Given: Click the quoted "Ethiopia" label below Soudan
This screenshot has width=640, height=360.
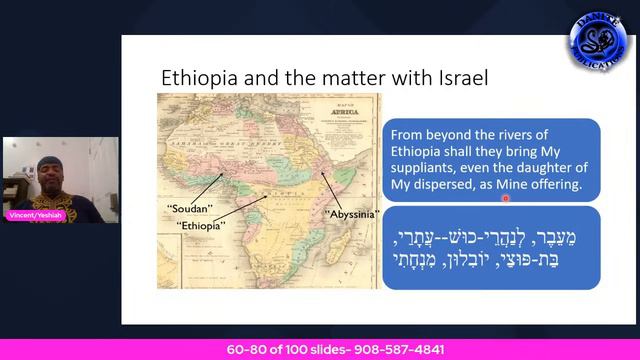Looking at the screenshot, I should click(200, 226).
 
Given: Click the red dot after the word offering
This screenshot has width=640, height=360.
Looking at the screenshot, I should click(507, 198).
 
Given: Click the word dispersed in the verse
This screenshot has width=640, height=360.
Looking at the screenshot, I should click(459, 186).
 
